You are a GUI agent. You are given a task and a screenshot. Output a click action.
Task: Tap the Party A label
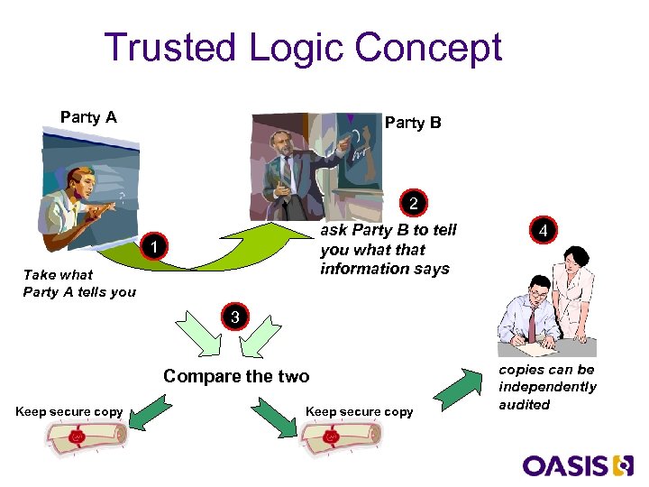tap(88, 117)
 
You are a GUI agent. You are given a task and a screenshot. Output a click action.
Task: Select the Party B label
tap(413, 123)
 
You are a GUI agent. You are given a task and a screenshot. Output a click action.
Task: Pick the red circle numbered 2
tap(413, 204)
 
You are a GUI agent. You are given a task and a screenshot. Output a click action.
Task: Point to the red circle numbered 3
tap(234, 317)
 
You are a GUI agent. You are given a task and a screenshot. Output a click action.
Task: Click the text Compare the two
tap(236, 376)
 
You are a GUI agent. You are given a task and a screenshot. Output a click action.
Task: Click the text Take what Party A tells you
tap(79, 282)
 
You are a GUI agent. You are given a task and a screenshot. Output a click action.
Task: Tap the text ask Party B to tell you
tap(388, 249)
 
